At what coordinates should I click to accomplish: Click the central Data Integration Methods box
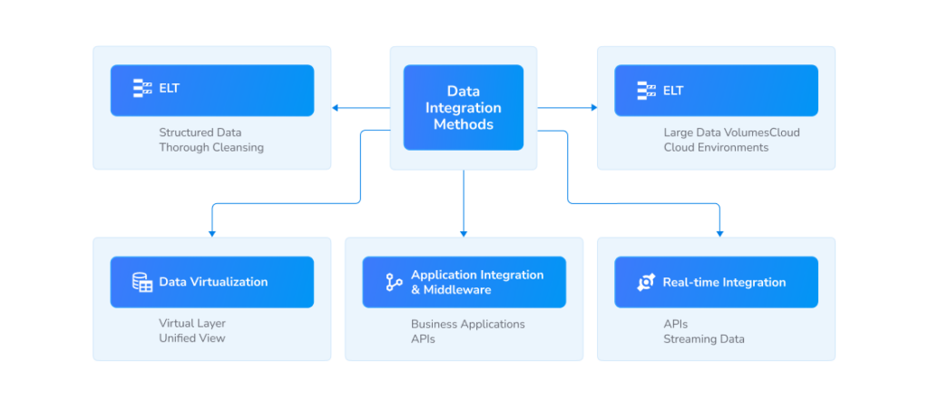pyautogui.click(x=463, y=107)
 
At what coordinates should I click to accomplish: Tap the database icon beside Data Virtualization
pyautogui.click(x=142, y=282)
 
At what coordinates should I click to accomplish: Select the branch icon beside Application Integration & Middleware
pyautogui.click(x=394, y=282)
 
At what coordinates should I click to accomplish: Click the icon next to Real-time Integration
pyautogui.click(x=646, y=282)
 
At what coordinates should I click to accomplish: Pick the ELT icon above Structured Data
pyautogui.click(x=142, y=90)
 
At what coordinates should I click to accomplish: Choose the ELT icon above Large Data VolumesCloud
pyautogui.click(x=646, y=90)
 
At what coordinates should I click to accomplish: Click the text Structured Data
pyautogui.click(x=200, y=132)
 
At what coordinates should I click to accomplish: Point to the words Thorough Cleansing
pyautogui.click(x=210, y=147)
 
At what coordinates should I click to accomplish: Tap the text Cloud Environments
pyautogui.click(x=715, y=147)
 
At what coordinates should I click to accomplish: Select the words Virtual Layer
pyautogui.click(x=191, y=324)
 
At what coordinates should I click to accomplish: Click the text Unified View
pyautogui.click(x=191, y=338)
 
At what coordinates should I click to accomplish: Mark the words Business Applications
pyautogui.click(x=467, y=324)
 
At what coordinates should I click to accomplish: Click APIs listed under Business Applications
pyautogui.click(x=423, y=338)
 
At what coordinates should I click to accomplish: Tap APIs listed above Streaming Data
pyautogui.click(x=675, y=324)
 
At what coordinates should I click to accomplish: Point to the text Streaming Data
pyautogui.click(x=703, y=338)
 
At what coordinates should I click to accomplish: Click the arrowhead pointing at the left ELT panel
pyautogui.click(x=336, y=108)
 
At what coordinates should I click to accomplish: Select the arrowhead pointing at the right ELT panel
pyautogui.click(x=594, y=108)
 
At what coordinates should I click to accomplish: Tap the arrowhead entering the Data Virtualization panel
pyautogui.click(x=212, y=233)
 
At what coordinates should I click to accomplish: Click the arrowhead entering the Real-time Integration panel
pyautogui.click(x=719, y=233)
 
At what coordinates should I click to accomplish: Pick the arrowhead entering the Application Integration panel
pyautogui.click(x=464, y=233)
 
